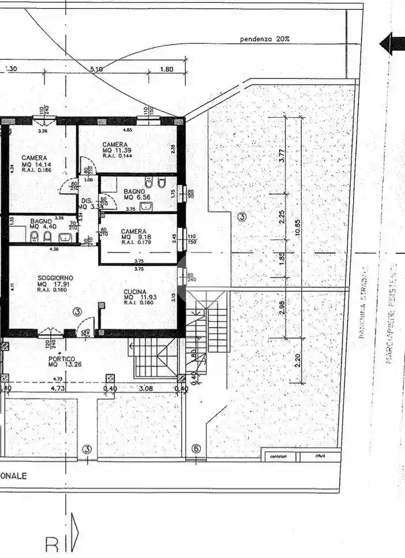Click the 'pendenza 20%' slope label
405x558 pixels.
pyautogui.click(x=265, y=39)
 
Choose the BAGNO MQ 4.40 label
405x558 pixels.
pyautogui.click(x=43, y=223)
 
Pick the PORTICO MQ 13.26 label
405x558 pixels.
pyautogui.click(x=62, y=362)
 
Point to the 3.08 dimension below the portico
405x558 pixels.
pyautogui.click(x=146, y=389)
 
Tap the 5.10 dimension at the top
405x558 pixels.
pyautogui.click(x=96, y=69)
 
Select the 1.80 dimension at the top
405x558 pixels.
pyautogui.click(x=166, y=69)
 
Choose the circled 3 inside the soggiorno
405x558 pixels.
pyautogui.click(x=78, y=312)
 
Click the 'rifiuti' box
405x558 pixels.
pyautogui.click(x=318, y=457)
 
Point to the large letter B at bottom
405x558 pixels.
pyautogui.click(x=52, y=545)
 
